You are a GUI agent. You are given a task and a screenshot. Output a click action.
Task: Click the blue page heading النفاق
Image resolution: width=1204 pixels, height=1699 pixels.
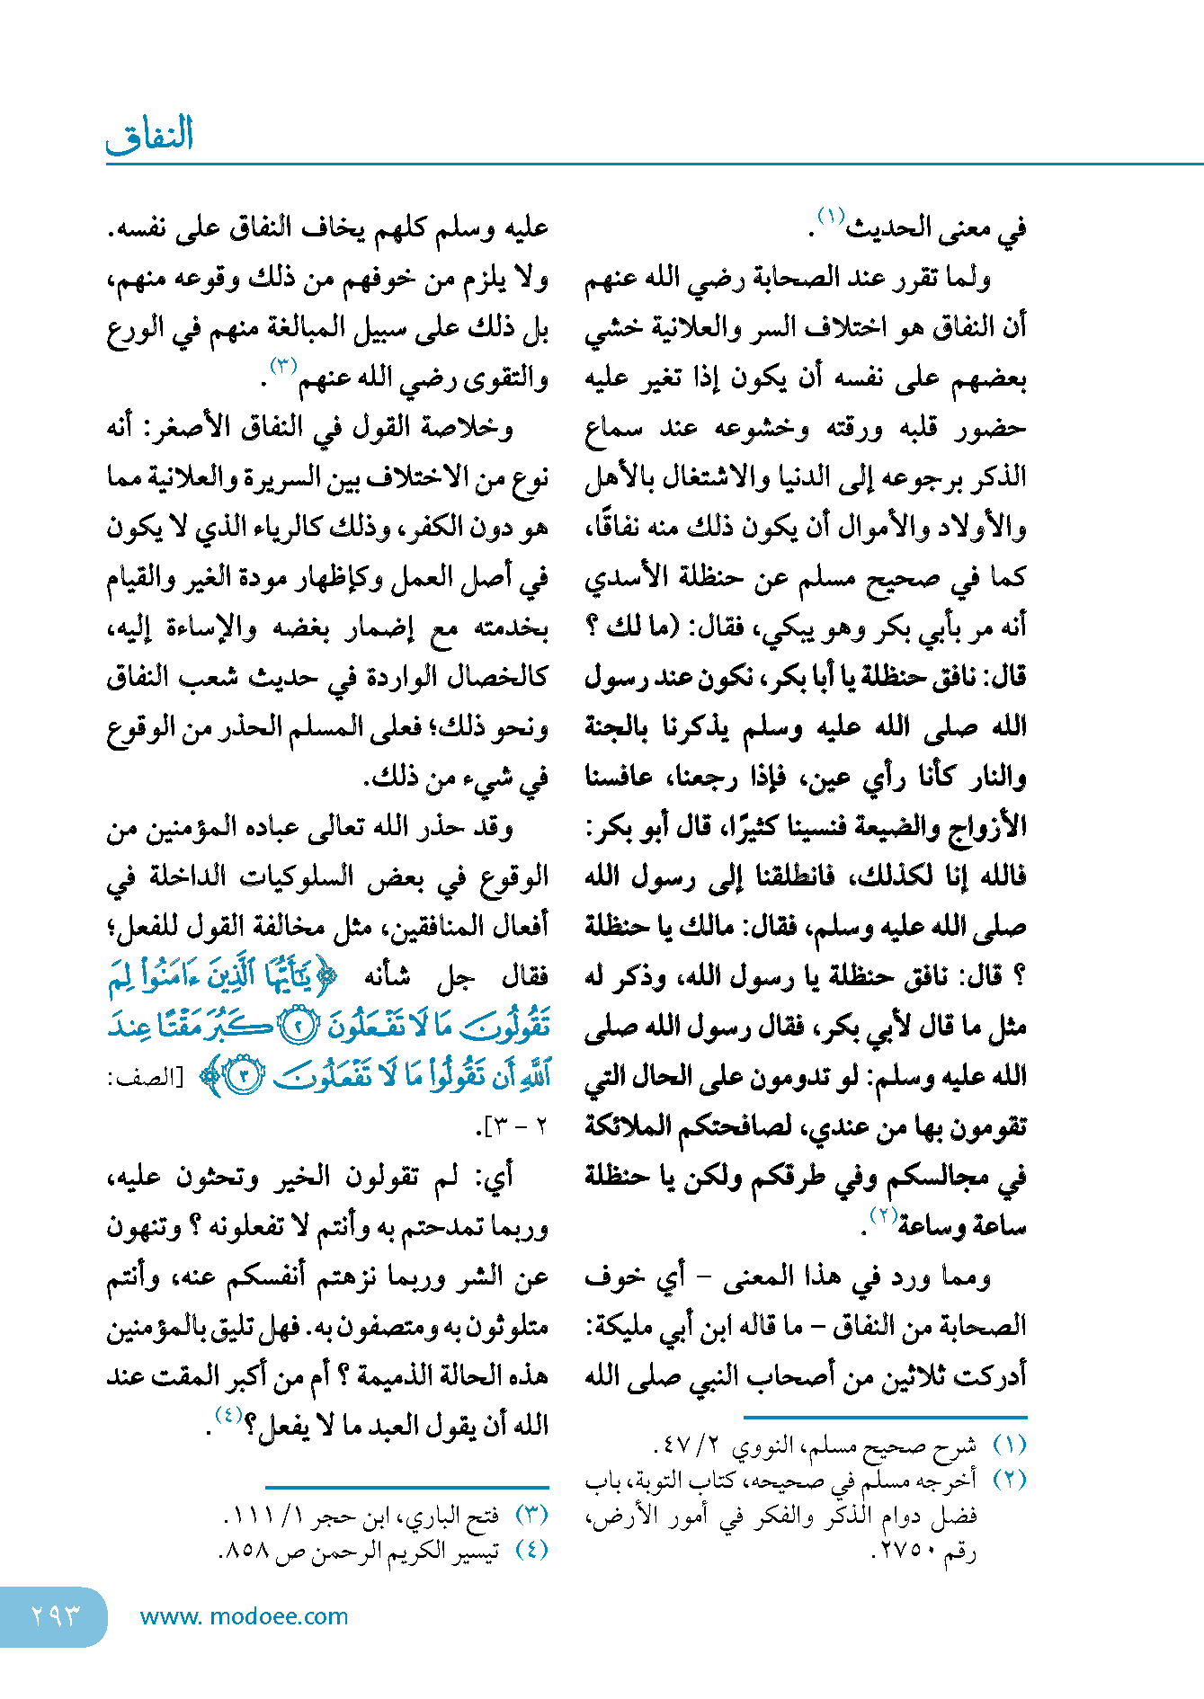tap(150, 136)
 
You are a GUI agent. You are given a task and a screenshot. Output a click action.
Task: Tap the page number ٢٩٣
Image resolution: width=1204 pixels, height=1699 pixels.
tap(56, 1615)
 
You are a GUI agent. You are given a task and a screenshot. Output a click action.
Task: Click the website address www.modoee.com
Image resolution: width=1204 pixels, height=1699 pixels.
tap(244, 1616)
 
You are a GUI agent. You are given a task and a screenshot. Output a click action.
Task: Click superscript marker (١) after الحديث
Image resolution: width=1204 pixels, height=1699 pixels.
tap(830, 217)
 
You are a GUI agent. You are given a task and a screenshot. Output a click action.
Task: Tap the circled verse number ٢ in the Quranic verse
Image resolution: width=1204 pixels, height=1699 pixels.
tap(297, 1027)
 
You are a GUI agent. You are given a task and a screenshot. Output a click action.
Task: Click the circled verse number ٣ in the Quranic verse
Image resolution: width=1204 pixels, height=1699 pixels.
tap(244, 1077)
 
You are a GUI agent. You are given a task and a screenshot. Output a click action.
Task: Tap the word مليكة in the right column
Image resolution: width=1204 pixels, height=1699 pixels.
tap(620, 1326)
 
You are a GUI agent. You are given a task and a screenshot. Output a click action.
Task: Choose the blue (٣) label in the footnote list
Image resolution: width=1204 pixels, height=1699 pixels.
tap(532, 1515)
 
